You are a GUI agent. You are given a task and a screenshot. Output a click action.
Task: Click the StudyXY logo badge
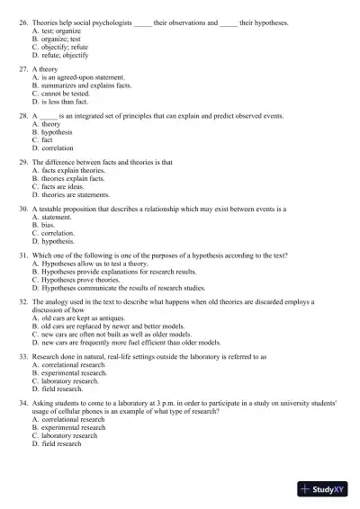click(325, 489)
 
